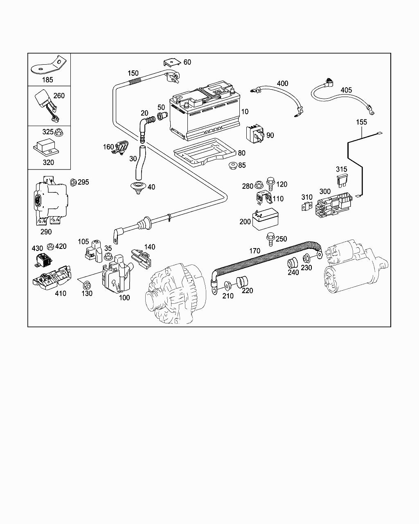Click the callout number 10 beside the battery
click(x=245, y=111)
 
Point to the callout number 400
click(x=282, y=84)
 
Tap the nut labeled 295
click(x=73, y=182)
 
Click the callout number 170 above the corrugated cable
click(x=255, y=251)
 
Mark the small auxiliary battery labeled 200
click(x=265, y=220)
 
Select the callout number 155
click(x=361, y=122)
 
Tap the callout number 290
click(x=46, y=232)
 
